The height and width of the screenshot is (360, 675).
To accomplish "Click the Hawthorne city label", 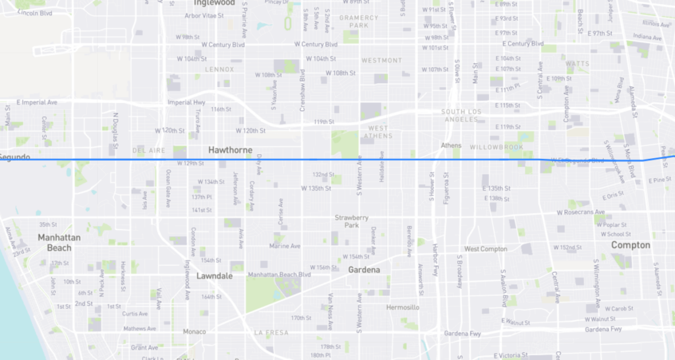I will (230, 150).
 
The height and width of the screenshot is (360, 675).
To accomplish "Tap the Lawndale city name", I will (214, 276).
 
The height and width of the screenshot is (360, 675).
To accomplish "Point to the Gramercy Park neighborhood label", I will (359, 21).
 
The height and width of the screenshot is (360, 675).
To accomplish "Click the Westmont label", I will (381, 61).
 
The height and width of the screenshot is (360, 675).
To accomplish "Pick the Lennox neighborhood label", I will (220, 69).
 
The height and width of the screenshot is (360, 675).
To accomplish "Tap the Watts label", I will (577, 64).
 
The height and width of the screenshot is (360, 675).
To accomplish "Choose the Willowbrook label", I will (496, 146).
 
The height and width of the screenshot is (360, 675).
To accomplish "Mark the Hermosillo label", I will (402, 308).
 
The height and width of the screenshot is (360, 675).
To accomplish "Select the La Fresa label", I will (271, 333).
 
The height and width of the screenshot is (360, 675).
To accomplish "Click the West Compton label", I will (486, 249).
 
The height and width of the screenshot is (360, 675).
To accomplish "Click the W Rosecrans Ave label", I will (580, 212).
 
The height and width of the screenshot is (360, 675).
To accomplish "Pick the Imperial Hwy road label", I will (187, 102).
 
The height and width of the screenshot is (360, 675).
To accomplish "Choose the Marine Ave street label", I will (285, 246).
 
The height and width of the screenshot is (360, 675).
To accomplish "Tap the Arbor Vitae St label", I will (204, 16).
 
